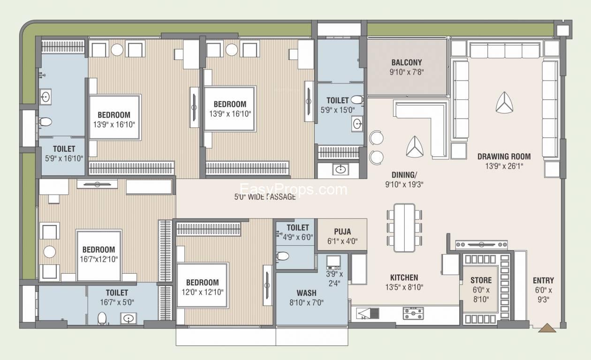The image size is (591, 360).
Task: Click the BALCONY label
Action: (x=407, y=62)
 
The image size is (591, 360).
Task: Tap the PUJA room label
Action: (x=342, y=232)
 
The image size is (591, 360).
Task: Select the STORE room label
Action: (x=481, y=280)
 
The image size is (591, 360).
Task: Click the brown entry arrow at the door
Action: (x=547, y=328)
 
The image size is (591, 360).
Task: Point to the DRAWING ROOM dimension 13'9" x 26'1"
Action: (x=504, y=166)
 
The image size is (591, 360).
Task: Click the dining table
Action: (x=404, y=228)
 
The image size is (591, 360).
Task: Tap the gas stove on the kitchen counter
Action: (x=413, y=313)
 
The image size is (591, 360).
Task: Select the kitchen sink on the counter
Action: (x=368, y=314)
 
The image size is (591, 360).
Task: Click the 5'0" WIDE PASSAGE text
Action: (x=265, y=197)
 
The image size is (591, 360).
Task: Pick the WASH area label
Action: (x=306, y=293)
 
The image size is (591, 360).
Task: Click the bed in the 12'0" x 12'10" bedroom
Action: (x=202, y=285)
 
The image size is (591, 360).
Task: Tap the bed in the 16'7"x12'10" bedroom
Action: (x=99, y=255)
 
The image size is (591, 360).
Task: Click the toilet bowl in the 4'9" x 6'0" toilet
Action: (x=283, y=256)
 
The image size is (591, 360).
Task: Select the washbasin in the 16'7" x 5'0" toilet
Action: (x=129, y=318)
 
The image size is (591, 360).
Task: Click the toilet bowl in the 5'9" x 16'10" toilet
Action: (x=45, y=122)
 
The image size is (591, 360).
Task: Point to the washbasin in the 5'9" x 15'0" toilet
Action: (x=357, y=124)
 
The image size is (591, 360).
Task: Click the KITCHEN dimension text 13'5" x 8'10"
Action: (x=404, y=287)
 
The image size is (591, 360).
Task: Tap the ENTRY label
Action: (x=543, y=280)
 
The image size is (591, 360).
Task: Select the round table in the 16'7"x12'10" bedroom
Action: (x=50, y=252)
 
